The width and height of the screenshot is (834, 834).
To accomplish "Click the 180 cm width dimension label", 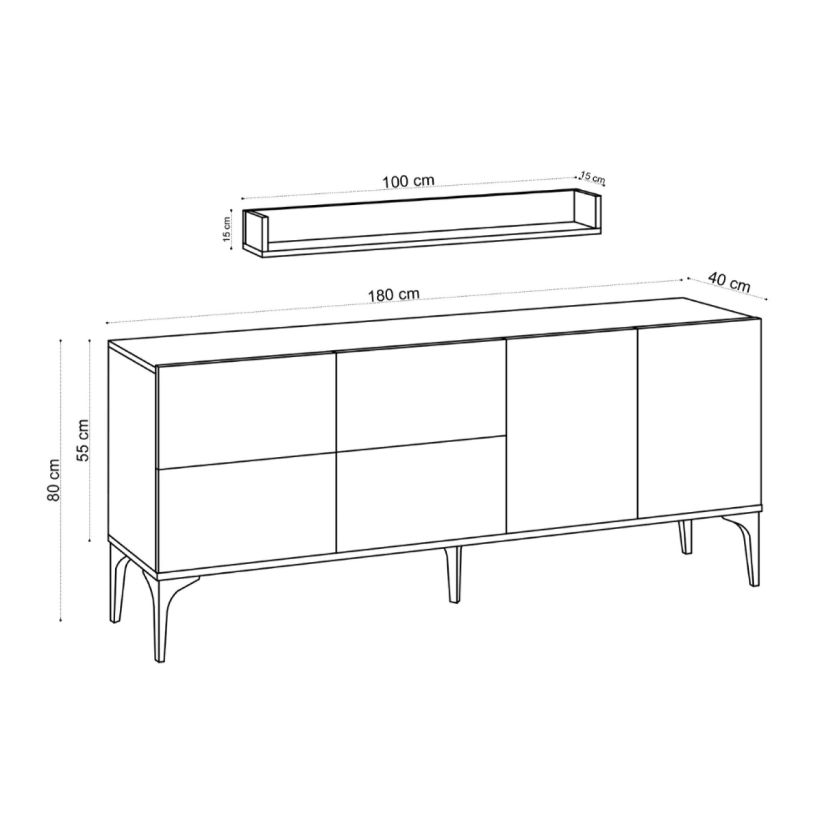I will (x=393, y=295).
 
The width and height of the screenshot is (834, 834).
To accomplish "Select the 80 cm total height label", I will (x=53, y=479).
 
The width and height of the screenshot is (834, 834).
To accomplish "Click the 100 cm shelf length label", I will (x=408, y=181).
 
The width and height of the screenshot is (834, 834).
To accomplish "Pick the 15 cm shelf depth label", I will (x=592, y=177).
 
